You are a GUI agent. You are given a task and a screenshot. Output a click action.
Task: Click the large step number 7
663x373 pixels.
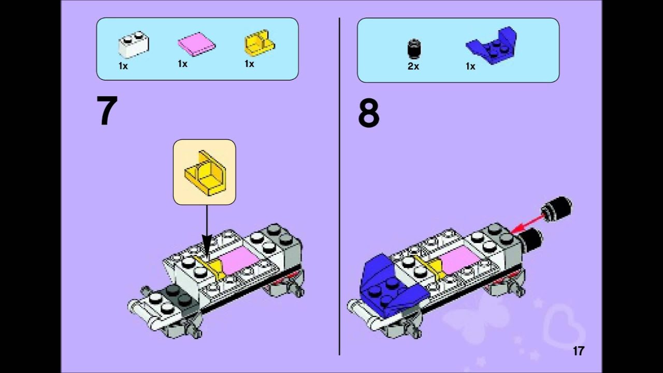coord(107,112)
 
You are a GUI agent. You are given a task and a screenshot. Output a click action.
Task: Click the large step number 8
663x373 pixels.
coord(368,114)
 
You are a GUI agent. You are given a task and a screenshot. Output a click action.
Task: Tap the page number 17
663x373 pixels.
coord(578,351)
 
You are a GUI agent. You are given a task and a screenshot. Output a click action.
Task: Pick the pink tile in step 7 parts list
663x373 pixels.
coord(196,45)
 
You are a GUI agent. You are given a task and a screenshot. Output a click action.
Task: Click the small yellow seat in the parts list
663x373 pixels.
coord(258,45)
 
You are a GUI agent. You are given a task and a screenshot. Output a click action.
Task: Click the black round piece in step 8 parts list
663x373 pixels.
coord(413,49)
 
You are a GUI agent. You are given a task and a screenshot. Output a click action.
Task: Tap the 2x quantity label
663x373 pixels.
coord(413,67)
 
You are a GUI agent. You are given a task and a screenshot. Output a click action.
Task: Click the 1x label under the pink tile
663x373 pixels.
coord(182,64)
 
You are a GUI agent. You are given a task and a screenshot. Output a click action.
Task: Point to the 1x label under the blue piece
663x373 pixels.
coord(470,67)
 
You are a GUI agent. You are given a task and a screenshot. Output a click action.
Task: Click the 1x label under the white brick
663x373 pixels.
coord(123,66)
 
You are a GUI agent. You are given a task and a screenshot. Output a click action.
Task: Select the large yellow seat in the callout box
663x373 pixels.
coord(204,174)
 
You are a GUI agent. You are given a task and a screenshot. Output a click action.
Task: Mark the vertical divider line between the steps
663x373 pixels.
coord(339,187)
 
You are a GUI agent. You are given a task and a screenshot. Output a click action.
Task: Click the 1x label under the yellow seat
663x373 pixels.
coord(249,64)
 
